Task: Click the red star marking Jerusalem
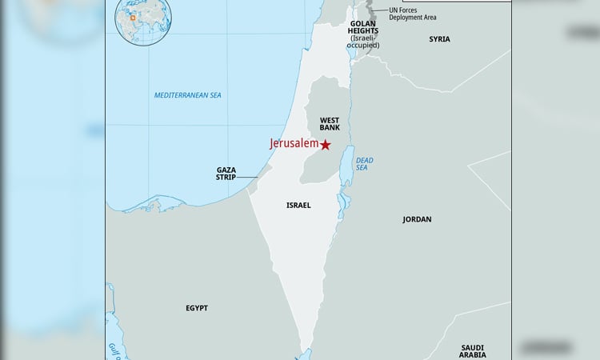tap(326, 145)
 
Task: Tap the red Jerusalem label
tap(294, 144)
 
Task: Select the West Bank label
tap(330, 123)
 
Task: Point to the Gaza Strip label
tap(226, 173)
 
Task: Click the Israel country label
tap(298, 206)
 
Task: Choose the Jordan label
tap(417, 219)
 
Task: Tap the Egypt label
tap(196, 308)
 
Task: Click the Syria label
tap(439, 39)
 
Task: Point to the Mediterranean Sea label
tap(188, 95)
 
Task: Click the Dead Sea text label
tap(364, 164)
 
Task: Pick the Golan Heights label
tap(363, 30)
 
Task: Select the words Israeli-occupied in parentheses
tap(363, 41)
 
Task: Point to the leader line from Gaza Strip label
tap(249, 177)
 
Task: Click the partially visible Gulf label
tap(114, 350)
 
